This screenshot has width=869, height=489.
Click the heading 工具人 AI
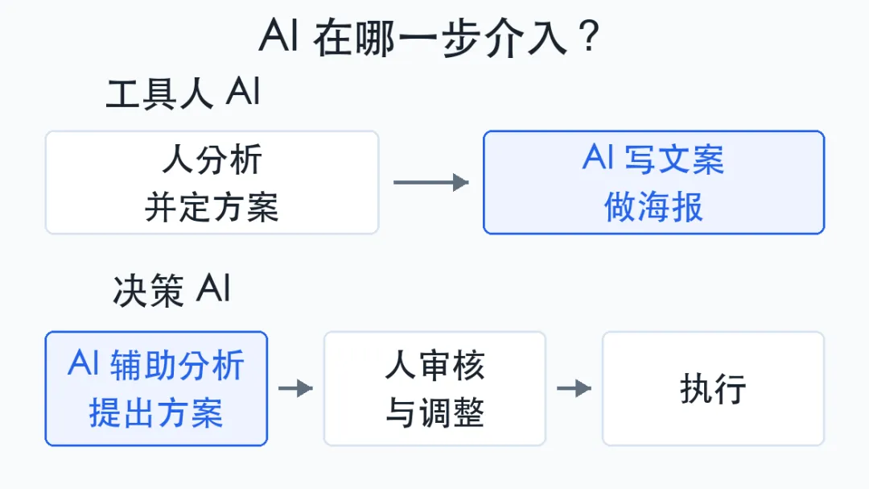point(183,93)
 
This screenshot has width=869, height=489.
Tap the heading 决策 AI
point(171,290)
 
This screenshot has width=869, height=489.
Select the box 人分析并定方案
point(212,183)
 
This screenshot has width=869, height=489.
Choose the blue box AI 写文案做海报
point(654,183)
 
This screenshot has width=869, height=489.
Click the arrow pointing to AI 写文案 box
point(431,182)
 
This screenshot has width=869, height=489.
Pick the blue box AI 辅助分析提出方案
point(156,388)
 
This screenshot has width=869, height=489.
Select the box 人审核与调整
point(435,388)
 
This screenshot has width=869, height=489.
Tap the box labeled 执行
point(713,388)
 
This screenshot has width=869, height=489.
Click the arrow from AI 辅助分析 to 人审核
point(296,388)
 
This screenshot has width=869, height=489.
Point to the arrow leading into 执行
point(575,388)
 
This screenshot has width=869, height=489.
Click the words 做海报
point(654,207)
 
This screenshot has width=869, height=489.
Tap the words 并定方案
point(212,207)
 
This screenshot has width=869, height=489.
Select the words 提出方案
point(156,413)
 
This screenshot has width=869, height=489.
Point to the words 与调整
point(435,413)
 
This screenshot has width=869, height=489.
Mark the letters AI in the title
point(279,35)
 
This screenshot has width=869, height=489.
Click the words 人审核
point(435,365)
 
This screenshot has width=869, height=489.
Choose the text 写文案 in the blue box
point(674,160)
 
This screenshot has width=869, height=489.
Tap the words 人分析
point(212,160)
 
